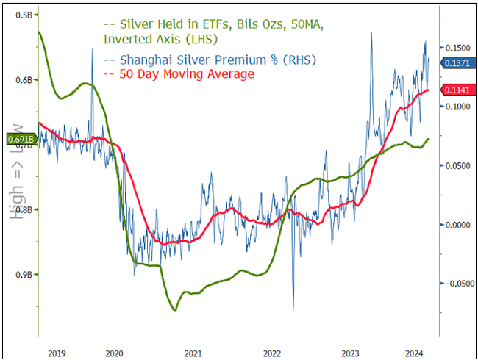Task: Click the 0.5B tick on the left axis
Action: coord(24,15)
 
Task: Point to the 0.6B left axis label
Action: coord(24,79)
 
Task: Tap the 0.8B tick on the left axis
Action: coord(24,209)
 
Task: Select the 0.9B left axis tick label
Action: coord(24,274)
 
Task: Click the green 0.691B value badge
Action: coord(19,138)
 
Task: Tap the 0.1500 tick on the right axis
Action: coord(457,47)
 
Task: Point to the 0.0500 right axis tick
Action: coord(457,165)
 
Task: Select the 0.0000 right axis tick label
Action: coord(457,225)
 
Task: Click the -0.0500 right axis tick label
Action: coord(456,284)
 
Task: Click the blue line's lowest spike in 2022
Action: coord(293,309)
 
